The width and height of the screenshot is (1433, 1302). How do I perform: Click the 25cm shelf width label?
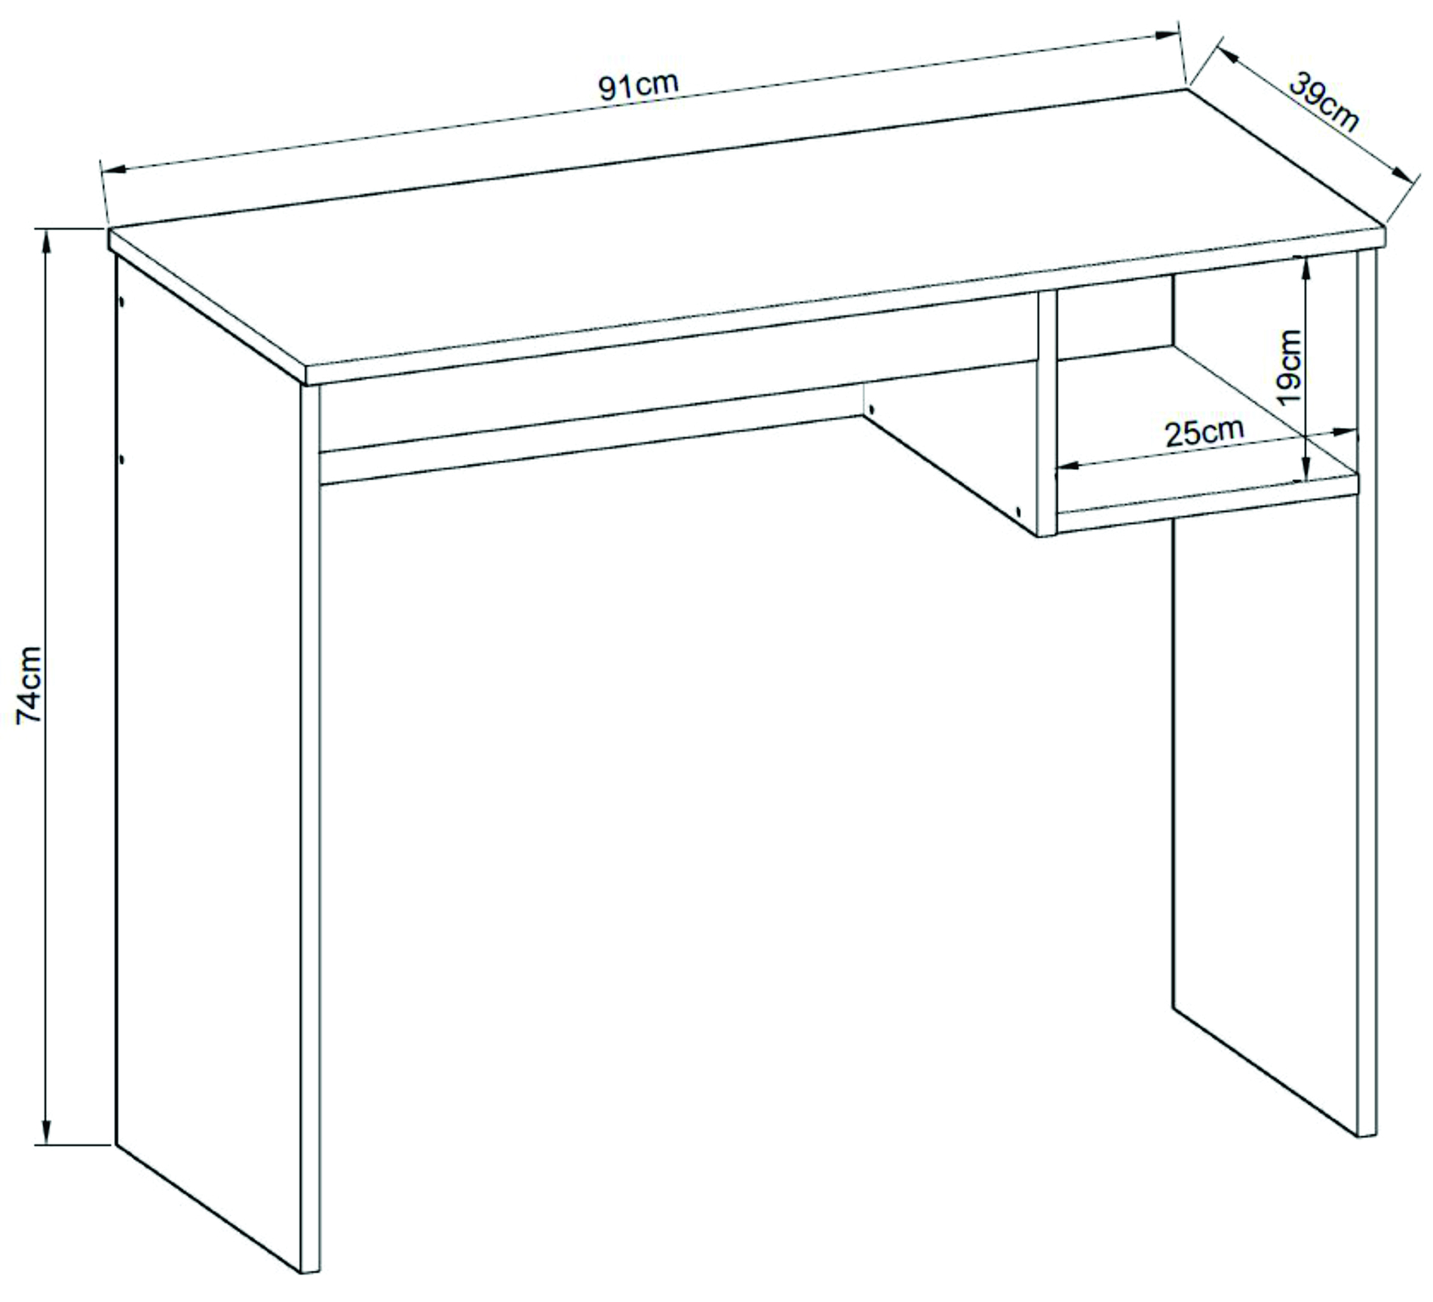1204,433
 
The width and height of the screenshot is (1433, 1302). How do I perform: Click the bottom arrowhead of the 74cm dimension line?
47,1129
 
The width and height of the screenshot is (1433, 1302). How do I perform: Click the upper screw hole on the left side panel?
121,301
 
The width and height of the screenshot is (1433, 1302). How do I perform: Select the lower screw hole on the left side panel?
121,458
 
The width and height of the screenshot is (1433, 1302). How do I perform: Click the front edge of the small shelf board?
1207,503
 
